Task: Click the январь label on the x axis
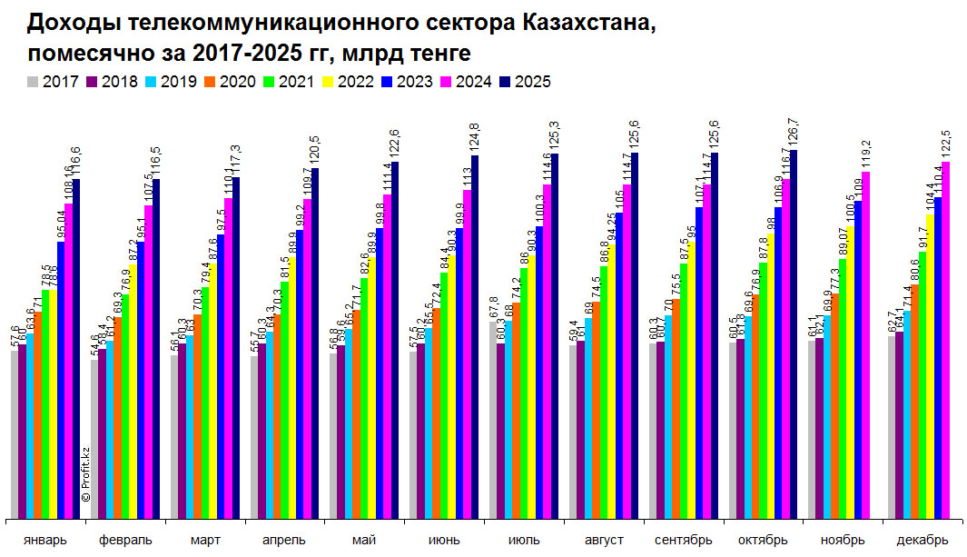pyautogui.click(x=44, y=540)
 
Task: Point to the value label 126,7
pyautogui.click(x=794, y=133)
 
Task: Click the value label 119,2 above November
pyautogui.click(x=867, y=154)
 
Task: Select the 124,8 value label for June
pyautogui.click(x=475, y=138)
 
